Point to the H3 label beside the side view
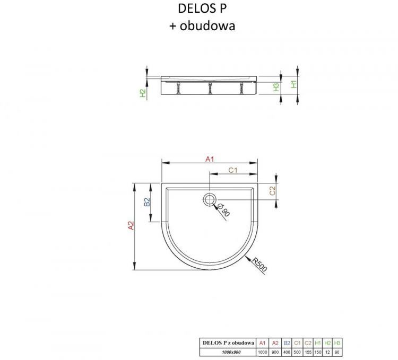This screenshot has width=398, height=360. (276, 88)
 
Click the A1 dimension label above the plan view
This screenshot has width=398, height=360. (209, 159)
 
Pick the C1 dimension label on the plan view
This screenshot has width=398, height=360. (232, 170)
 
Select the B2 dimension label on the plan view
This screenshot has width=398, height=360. (148, 202)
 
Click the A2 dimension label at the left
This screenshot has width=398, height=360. (131, 226)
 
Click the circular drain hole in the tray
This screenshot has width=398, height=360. (209, 199)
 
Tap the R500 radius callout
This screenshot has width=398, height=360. (259, 264)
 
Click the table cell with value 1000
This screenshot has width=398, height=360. (262, 352)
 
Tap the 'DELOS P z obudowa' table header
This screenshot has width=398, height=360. (228, 343)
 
